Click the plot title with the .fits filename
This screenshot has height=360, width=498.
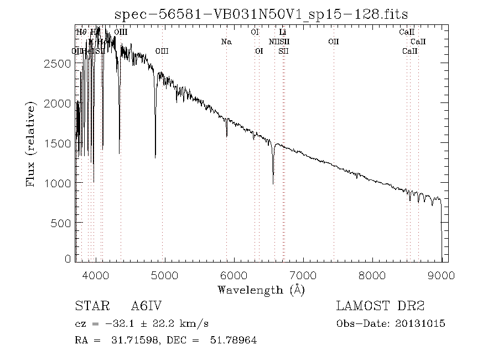[x=261, y=14]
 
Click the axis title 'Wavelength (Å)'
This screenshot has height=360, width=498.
[x=261, y=289]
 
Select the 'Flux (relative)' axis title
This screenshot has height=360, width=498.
[x=31, y=143]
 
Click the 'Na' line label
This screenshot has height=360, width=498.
[x=226, y=42]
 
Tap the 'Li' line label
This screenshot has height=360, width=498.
[x=282, y=32]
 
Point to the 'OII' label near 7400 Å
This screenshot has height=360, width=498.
[x=333, y=42]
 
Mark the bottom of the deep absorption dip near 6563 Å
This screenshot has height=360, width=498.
[x=273, y=183]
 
